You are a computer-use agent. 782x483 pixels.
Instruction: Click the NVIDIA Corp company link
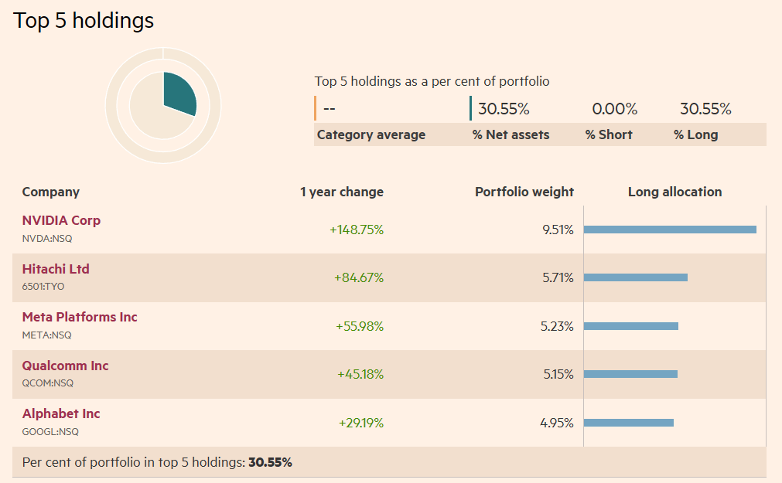click(x=61, y=220)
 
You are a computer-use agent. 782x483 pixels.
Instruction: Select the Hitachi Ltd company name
click(x=56, y=269)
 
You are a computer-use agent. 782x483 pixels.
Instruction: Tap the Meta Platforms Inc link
click(x=80, y=317)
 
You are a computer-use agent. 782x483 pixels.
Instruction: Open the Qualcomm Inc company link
click(x=65, y=366)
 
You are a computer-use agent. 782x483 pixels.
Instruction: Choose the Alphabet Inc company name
click(x=61, y=413)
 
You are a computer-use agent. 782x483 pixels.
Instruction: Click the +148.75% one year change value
click(x=357, y=230)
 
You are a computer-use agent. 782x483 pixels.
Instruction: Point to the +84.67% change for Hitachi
click(x=359, y=277)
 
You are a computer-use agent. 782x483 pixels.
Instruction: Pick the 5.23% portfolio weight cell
click(x=557, y=326)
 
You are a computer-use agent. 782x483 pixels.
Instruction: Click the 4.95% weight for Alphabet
click(x=557, y=423)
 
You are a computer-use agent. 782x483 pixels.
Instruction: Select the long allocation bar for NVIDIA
click(x=669, y=230)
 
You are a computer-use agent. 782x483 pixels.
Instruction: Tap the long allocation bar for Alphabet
click(x=628, y=423)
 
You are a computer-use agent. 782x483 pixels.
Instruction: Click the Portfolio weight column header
click(x=524, y=192)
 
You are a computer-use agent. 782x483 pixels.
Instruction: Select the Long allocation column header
click(x=674, y=192)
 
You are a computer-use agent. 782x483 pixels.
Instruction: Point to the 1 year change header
click(x=342, y=192)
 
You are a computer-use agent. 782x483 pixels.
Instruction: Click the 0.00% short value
click(x=614, y=109)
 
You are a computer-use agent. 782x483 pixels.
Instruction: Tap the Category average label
click(x=371, y=134)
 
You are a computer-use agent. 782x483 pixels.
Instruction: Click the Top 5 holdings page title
click(x=84, y=21)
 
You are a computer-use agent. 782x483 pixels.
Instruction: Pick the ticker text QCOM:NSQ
click(x=48, y=383)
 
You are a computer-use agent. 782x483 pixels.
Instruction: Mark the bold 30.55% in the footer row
click(x=269, y=462)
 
